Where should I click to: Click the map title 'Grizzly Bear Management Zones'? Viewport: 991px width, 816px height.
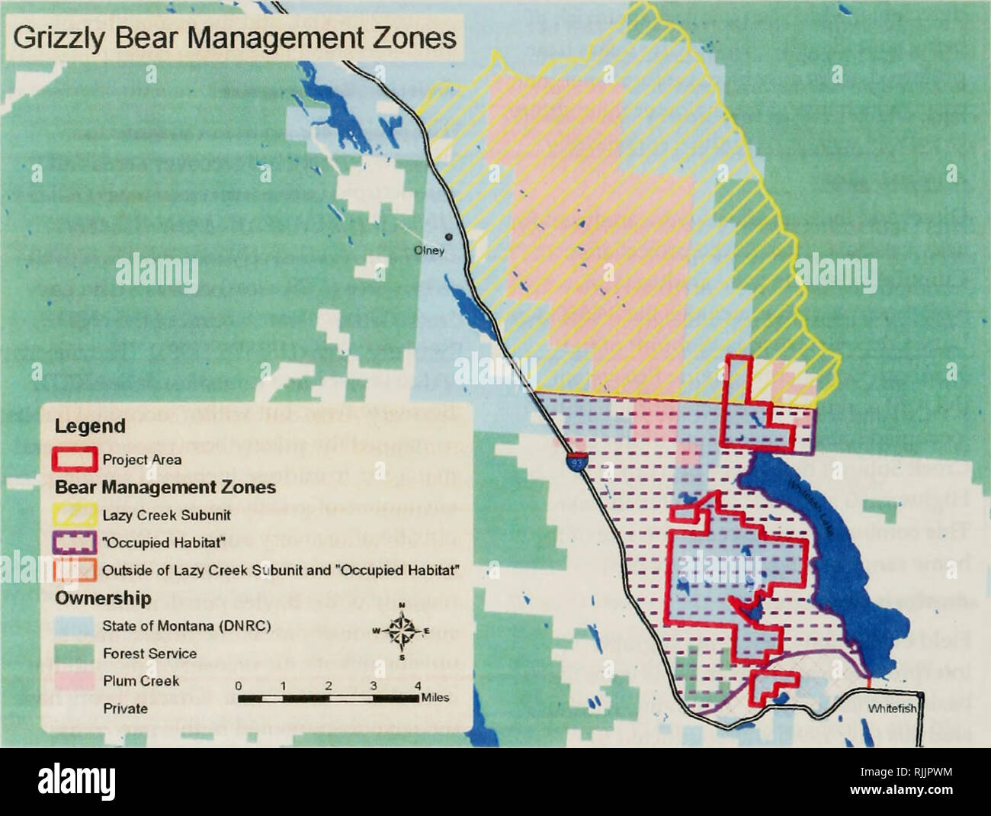pos(236,38)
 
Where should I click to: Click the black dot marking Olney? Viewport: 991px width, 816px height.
pos(449,236)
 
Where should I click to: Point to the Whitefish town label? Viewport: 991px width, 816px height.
pos(891,708)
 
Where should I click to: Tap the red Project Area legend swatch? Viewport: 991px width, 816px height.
pos(75,459)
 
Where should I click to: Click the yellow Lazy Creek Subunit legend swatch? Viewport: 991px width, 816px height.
pos(75,515)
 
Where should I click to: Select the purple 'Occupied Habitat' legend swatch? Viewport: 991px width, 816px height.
pos(75,542)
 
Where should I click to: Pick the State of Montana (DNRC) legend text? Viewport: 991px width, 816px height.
pos(186,626)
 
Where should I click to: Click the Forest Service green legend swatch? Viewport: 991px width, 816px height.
pos(75,654)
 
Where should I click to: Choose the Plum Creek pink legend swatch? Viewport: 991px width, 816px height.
pos(75,681)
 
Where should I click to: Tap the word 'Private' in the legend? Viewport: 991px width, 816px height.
pos(125,708)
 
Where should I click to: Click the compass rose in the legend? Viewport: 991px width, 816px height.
pos(402,630)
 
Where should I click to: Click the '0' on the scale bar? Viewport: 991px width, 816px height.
pos(239,686)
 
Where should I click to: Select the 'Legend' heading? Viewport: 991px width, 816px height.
pos(90,426)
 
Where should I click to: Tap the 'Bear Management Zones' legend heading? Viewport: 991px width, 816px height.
pos(165,487)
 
